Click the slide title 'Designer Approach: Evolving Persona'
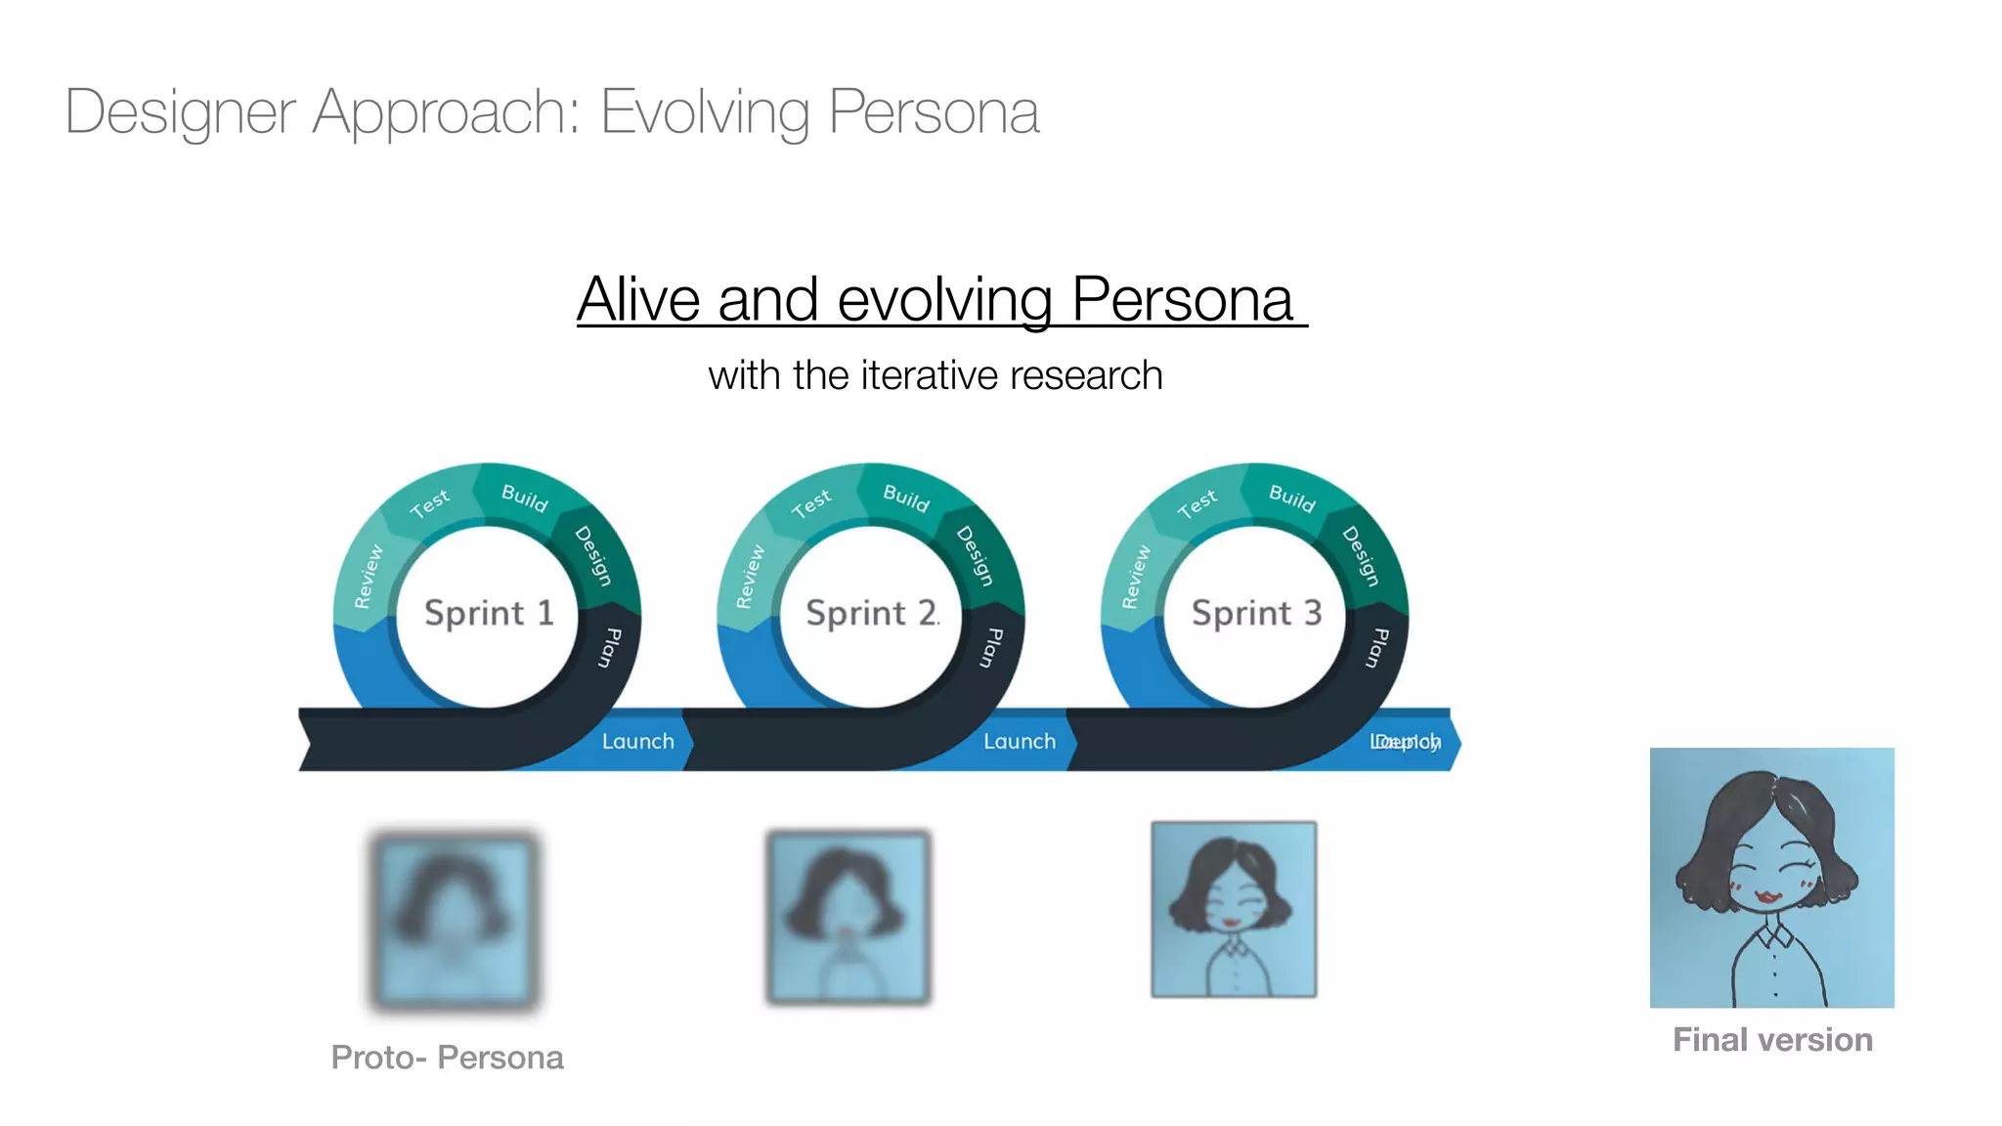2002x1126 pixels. click(552, 112)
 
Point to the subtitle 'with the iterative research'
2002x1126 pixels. click(936, 375)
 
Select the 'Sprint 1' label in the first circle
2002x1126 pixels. click(489, 613)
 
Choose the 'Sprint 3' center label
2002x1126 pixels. click(1256, 613)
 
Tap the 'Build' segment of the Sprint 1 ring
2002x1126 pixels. click(525, 498)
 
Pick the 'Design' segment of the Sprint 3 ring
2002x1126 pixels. click(1360, 556)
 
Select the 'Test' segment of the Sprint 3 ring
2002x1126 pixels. click(1197, 504)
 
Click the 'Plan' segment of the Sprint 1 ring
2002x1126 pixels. click(610, 647)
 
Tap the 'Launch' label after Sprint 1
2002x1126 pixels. click(637, 742)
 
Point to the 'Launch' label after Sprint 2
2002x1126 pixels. click(1020, 742)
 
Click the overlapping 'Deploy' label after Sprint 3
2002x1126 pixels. click(1406, 742)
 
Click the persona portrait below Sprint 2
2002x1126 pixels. click(849, 917)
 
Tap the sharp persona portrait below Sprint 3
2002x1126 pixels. click(1234, 909)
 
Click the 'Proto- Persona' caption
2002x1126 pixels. click(447, 1058)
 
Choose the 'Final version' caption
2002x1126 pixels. click(1772, 1040)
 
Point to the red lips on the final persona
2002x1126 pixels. click(1767, 896)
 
